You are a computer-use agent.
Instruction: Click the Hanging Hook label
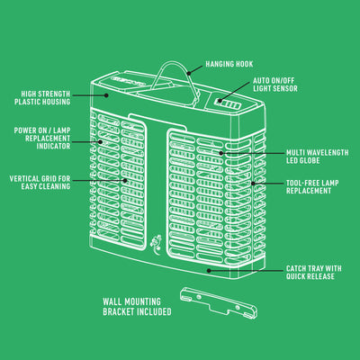229,64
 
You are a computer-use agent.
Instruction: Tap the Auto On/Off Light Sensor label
275,85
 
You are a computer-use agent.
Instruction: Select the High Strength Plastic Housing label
42,98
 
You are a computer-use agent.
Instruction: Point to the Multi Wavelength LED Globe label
318,157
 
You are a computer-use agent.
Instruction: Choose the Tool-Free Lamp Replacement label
312,187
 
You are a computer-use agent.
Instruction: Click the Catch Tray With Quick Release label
314,273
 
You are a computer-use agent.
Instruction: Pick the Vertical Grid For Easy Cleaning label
40,183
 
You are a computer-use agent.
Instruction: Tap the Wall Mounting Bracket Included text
137,307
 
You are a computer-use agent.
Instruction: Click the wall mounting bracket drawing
219,302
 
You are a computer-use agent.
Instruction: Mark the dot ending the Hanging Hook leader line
189,73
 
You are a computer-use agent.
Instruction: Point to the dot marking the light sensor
220,101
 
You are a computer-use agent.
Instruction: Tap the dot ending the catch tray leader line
209,270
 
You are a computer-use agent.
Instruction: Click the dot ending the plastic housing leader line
106,95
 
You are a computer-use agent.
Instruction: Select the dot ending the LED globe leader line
221,153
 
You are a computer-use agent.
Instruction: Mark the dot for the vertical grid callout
125,180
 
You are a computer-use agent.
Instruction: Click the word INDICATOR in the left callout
53,146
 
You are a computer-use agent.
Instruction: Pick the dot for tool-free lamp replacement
253,184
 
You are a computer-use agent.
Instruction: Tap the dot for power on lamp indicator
101,141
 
